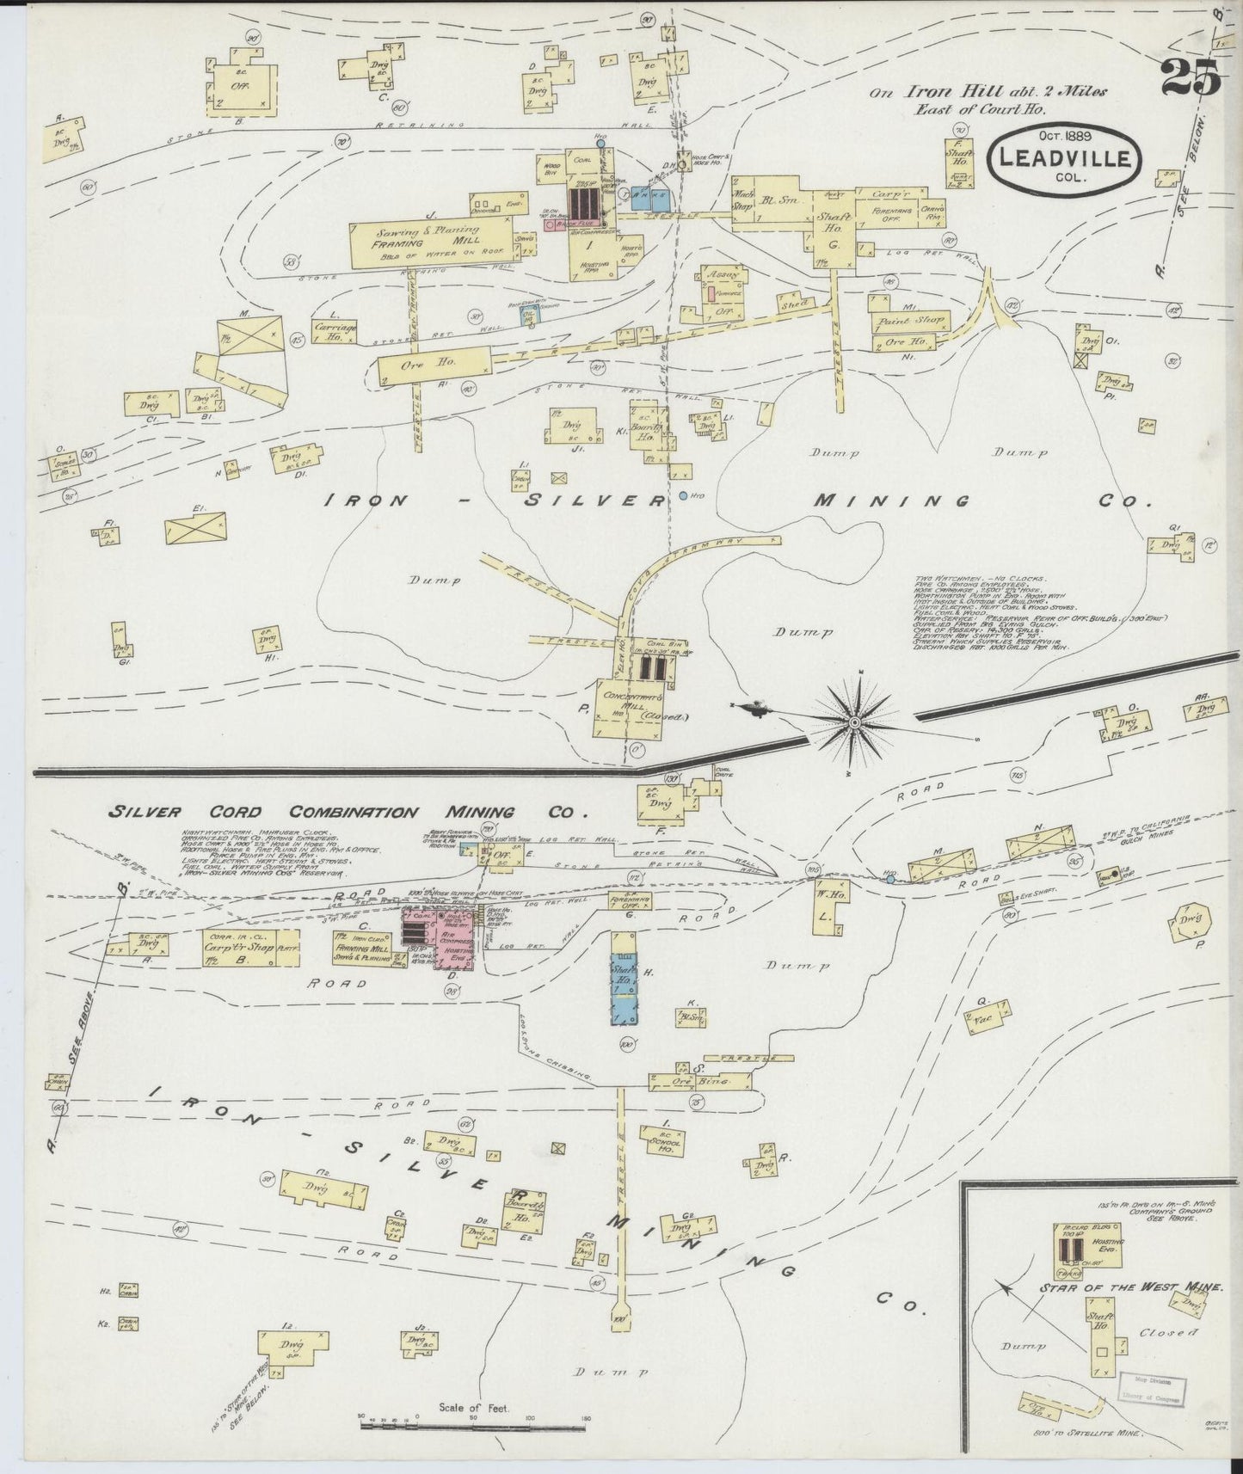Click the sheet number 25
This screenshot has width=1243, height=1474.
pyautogui.click(x=1191, y=79)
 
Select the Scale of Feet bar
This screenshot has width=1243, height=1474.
pyautogui.click(x=429, y=1422)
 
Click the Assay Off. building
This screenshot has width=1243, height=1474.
pyautogui.click(x=723, y=297)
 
